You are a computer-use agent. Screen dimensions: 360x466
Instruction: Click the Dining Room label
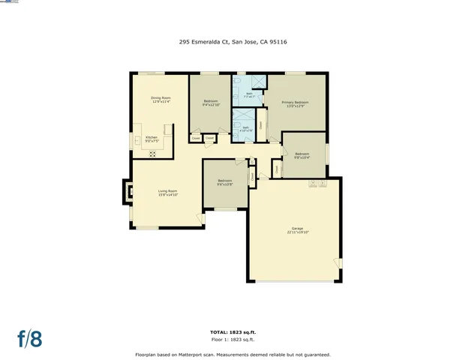tap(161, 97)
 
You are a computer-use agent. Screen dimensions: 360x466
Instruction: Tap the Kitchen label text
tap(152, 138)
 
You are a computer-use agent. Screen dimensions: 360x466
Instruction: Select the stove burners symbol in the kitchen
tap(152, 154)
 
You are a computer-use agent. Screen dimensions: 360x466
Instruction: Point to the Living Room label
tap(167, 191)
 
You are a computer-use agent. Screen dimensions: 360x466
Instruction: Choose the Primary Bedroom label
tap(295, 102)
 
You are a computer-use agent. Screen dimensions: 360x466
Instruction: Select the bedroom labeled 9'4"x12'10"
tap(210, 102)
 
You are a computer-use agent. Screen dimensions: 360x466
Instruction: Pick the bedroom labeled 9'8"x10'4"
tap(302, 154)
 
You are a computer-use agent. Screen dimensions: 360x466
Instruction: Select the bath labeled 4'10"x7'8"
tap(245, 128)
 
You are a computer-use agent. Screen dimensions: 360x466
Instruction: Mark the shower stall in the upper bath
tap(257, 82)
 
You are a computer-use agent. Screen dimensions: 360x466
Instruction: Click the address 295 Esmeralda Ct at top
tap(233, 42)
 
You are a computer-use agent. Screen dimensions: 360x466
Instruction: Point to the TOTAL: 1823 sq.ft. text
tap(233, 331)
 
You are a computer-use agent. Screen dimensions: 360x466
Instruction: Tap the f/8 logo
tap(29, 338)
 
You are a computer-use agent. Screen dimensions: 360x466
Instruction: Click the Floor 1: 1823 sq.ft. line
tap(233, 338)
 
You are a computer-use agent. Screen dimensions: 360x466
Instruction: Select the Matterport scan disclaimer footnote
tap(233, 354)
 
